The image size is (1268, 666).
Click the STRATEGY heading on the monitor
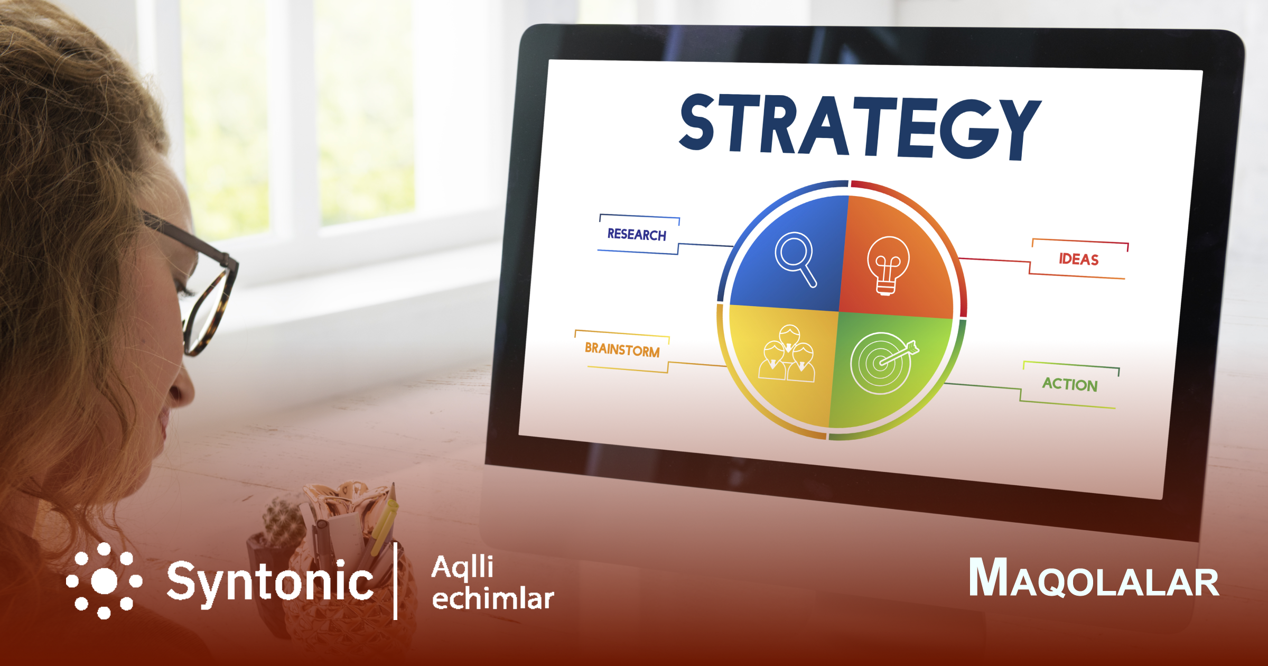[860, 127]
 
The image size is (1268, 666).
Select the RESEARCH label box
[638, 234]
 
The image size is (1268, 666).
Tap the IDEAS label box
[1079, 259]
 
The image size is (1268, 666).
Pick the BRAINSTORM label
[622, 350]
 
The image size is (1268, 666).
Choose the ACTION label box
[1070, 384]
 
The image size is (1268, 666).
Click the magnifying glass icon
[796, 260]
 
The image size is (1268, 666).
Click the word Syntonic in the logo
[270, 584]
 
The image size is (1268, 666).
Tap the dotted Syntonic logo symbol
[104, 581]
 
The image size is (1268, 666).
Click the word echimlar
[493, 598]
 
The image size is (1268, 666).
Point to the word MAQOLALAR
[1094, 578]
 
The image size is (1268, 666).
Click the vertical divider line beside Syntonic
[396, 580]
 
